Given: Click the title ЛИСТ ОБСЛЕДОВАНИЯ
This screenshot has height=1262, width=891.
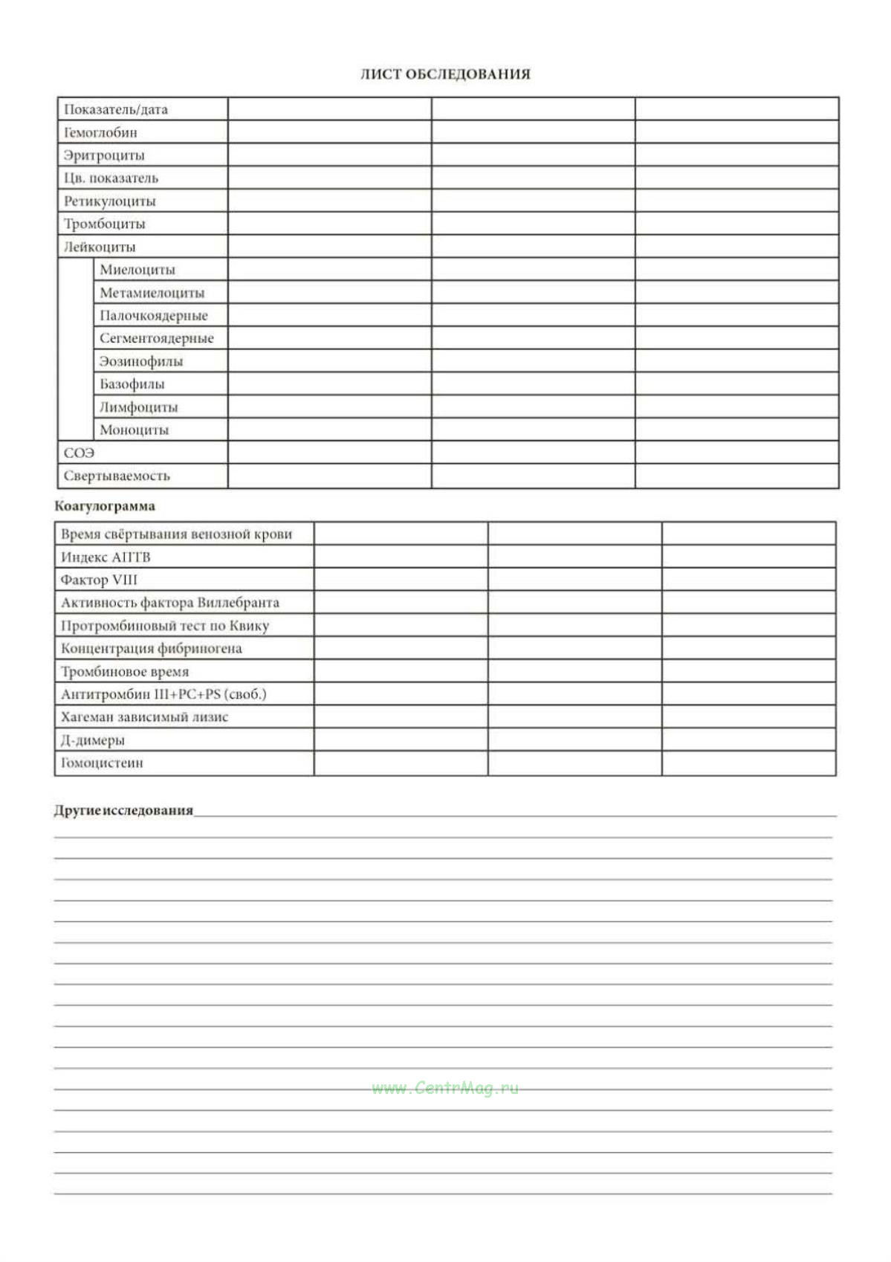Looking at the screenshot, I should coord(445,74).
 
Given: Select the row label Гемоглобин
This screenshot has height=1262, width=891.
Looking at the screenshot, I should coord(100,133).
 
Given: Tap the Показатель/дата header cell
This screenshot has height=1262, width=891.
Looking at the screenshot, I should coord(116,110).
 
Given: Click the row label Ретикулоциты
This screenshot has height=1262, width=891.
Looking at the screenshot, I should coord(109,201).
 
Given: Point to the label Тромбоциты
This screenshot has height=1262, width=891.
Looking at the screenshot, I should coord(104,224).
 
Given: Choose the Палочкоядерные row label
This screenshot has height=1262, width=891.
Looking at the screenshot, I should coord(154,316).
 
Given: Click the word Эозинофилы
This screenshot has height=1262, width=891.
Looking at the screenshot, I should coord(141,362).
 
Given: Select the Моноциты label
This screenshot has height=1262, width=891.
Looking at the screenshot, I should coord(135,430).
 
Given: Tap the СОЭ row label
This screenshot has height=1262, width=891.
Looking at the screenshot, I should coord(79,453).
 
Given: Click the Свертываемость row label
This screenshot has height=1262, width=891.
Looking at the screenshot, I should coord(117,476).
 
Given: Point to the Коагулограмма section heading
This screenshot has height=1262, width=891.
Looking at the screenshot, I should coord(105,507).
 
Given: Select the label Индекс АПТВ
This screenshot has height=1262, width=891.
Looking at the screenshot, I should coord(106,557).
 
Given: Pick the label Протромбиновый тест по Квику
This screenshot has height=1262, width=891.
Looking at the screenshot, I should coord(165,626).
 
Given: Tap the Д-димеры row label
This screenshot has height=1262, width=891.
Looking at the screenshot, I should coord(93,740).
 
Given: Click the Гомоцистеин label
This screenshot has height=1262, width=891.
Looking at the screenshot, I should coord(102,763).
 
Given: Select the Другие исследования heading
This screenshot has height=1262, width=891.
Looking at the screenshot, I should coord(123,811).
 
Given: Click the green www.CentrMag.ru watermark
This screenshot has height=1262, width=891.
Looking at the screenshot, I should coord(445,1089).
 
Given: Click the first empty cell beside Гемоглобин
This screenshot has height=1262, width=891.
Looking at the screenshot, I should coord(329,132).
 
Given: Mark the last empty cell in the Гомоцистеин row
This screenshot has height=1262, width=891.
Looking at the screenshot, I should coord(748,763).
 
